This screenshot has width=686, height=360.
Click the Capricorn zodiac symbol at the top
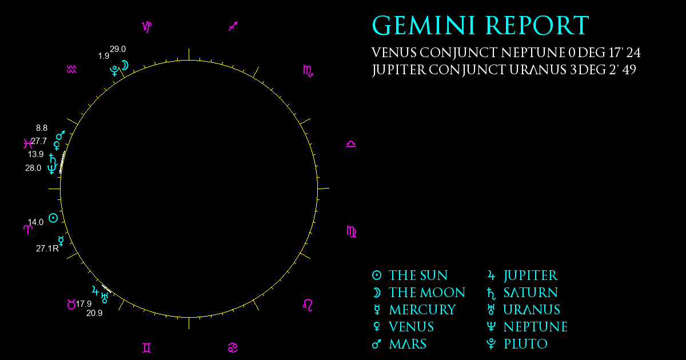pyautogui.click(x=147, y=27)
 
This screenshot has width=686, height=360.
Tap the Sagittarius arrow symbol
pyautogui.click(x=233, y=26)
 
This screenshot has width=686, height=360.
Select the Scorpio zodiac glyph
pyautogui.click(x=308, y=71)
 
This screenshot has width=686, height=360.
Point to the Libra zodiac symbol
pyautogui.click(x=351, y=144)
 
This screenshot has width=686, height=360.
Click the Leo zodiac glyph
pyautogui.click(x=308, y=305)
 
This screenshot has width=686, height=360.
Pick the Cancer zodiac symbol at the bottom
pyautogui.click(x=233, y=348)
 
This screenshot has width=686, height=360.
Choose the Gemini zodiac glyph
pyautogui.click(x=147, y=348)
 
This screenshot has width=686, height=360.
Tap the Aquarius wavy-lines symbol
pyautogui.click(x=71, y=69)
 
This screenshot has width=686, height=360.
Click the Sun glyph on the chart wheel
pyautogui.click(x=53, y=218)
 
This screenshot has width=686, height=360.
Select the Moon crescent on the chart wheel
pyautogui.click(x=125, y=65)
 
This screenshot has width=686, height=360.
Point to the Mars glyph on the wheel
pyautogui.click(x=61, y=135)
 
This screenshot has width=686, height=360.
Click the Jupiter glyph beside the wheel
pyautogui.click(x=95, y=290)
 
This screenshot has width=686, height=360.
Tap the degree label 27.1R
pyautogui.click(x=47, y=249)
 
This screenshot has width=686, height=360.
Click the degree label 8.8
pyautogui.click(x=42, y=128)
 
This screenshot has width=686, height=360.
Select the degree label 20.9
pyautogui.click(x=94, y=313)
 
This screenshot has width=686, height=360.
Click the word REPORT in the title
pyautogui.click(x=537, y=26)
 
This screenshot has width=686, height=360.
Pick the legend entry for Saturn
pyautogui.click(x=523, y=293)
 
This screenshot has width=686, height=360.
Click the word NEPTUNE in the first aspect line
pyautogui.click(x=533, y=53)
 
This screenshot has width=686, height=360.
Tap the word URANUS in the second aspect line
pyautogui.click(x=538, y=70)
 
